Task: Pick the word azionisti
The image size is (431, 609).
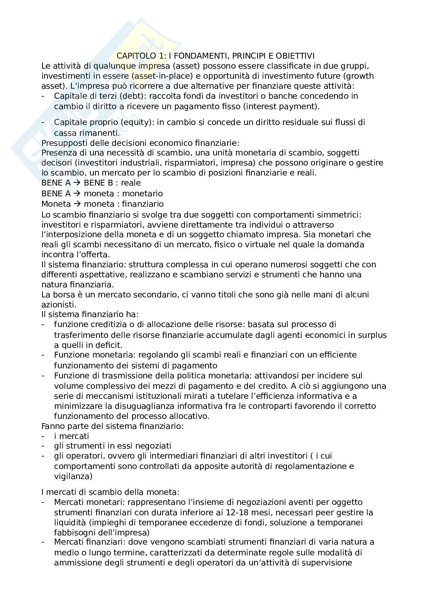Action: point(56,304)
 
